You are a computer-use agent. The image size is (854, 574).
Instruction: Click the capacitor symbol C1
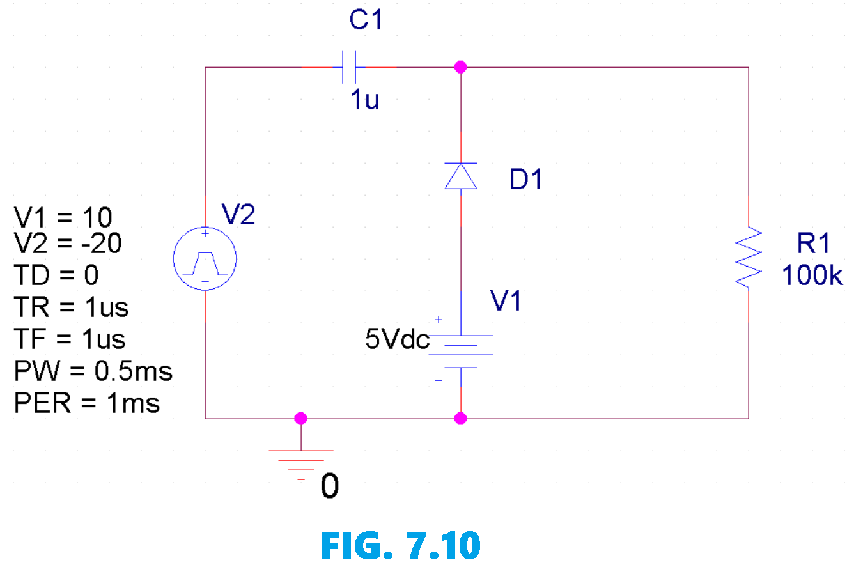coord(349,67)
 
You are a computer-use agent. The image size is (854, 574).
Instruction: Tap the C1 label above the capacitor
coord(366,20)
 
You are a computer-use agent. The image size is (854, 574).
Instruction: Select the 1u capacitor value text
coord(364,100)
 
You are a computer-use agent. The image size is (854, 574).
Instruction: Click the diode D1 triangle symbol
coord(461,176)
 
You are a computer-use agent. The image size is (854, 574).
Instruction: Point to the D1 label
coord(525,180)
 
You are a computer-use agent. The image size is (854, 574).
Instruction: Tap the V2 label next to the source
coord(238,215)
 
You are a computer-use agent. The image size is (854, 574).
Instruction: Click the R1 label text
coord(813,244)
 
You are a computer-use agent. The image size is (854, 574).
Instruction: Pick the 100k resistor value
coord(812,275)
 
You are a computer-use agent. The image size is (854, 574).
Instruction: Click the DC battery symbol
coord(461,352)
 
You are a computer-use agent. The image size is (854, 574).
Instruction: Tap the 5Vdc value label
coord(397,339)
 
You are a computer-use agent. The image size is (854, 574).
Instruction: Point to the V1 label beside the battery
coord(506,300)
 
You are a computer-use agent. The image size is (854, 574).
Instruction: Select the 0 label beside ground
coord(330,486)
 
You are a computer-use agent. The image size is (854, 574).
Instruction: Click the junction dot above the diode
coord(460,67)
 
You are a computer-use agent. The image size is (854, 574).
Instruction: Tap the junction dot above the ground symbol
coord(301,419)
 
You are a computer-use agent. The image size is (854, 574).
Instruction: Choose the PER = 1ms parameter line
coord(87,403)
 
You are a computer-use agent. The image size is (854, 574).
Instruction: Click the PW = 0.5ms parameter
coord(93,371)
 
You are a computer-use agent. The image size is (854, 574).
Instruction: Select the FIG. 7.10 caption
coord(400,545)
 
